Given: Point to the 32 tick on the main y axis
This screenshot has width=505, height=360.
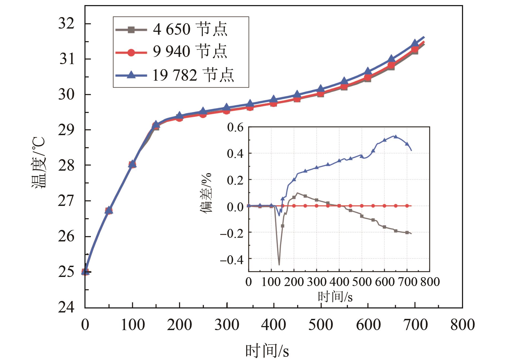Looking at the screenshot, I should pos(66,24).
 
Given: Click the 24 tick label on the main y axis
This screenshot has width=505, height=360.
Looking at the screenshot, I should pos(66,307).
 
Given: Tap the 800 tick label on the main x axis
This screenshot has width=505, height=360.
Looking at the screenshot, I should pos(463,325).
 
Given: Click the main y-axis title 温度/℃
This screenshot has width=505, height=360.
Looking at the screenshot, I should pos(39,163).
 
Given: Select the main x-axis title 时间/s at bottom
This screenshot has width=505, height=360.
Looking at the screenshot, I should pos(267,351).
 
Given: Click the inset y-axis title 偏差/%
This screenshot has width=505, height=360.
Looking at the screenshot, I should pos(206,193).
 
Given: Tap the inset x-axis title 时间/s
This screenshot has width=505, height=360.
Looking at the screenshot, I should pos(335,296).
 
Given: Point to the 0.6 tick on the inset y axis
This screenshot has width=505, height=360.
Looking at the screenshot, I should pos(235,127).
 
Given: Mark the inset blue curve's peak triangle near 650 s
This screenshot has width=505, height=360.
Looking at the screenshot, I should pos(396,136).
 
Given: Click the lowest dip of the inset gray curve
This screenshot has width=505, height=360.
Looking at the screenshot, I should pos(279,264).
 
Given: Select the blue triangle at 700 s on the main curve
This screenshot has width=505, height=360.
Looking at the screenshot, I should pos(415,43).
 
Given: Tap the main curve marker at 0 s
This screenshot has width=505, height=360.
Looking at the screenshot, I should pos(85,272).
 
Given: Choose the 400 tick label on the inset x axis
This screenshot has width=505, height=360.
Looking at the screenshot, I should pos(339,282).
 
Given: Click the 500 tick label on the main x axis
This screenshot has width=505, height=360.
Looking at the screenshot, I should pos(321,325).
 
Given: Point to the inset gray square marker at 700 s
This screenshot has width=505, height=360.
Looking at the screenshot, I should pos(407,232).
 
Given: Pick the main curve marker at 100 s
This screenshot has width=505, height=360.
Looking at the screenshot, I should pos(132,164).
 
